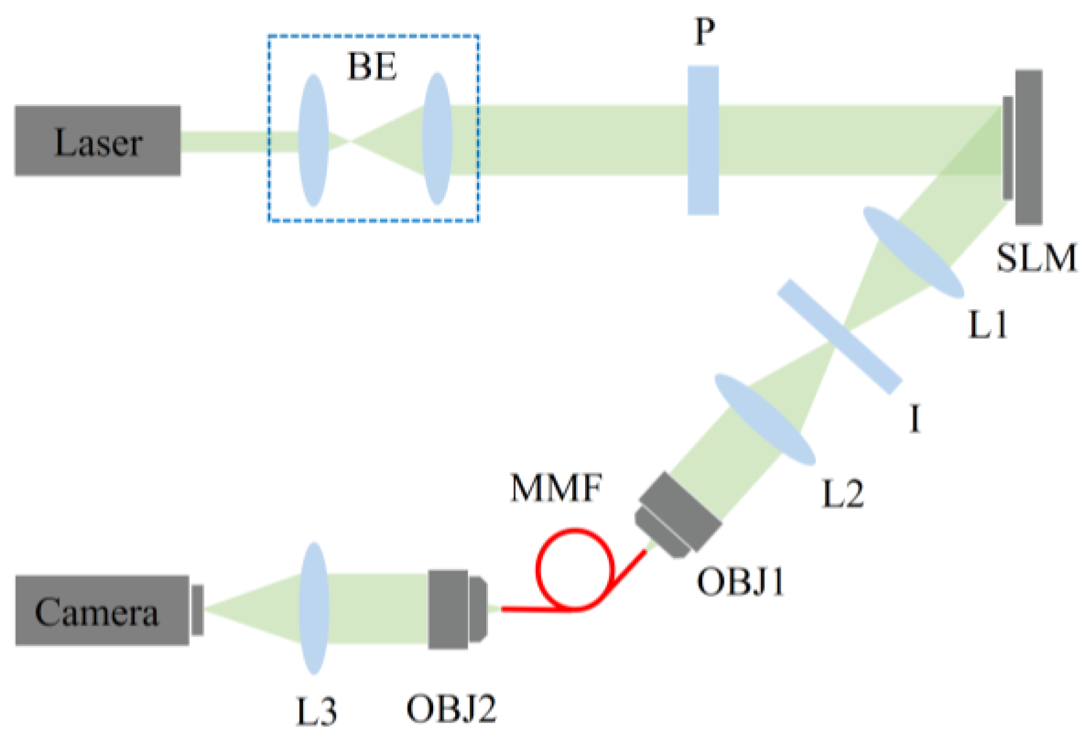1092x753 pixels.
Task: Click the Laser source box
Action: [98, 141]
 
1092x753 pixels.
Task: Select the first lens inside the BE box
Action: [314, 140]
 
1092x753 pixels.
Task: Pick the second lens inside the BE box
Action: [437, 139]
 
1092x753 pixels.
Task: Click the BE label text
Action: [372, 66]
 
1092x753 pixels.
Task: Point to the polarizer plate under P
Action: [703, 140]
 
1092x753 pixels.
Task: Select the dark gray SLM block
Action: [1029, 147]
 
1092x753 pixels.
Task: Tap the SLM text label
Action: [1036, 258]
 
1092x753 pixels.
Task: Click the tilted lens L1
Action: [913, 252]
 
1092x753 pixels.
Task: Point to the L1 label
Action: [988, 325]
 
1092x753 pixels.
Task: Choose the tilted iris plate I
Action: [839, 336]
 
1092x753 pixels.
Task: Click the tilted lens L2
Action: [765, 419]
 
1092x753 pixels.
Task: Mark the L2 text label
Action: [842, 494]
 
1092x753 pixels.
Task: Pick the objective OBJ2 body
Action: [456, 609]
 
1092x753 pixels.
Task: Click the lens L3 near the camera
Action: [314, 608]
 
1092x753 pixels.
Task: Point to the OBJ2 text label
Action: [451, 709]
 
